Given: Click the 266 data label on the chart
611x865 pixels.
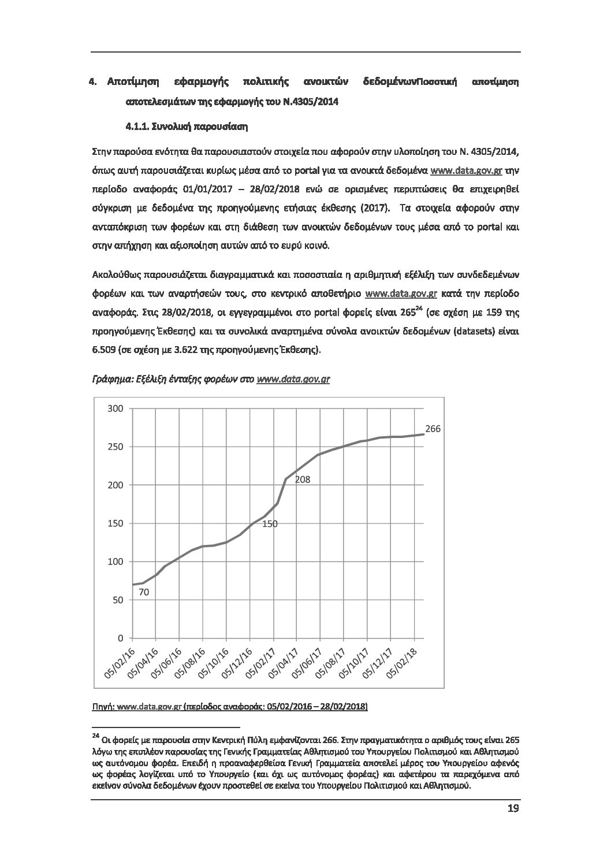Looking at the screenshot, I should click(x=433, y=429).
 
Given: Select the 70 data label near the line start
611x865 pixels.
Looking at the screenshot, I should click(x=144, y=592).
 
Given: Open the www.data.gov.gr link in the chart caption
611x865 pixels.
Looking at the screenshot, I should click(x=293, y=380).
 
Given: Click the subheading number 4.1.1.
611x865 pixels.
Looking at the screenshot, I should click(x=139, y=126).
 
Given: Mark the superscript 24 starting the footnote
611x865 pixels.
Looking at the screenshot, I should click(x=95, y=736).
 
